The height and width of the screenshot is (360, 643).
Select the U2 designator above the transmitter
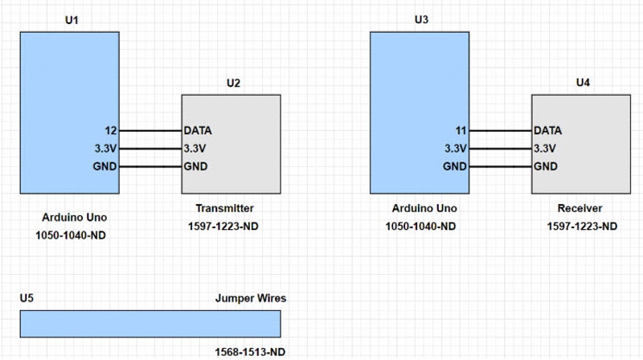click(233, 82)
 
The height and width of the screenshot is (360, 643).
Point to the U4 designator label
click(584, 82)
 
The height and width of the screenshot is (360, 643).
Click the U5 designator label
click(27, 298)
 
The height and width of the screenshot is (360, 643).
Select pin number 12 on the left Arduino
click(111, 130)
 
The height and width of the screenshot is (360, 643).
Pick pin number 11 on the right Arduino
click(460, 130)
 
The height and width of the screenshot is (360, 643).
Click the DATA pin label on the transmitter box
click(198, 130)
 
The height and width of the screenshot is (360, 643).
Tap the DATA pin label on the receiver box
click(548, 130)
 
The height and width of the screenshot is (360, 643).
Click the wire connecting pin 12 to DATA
click(150, 130)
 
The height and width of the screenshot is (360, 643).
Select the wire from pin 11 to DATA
click(500, 130)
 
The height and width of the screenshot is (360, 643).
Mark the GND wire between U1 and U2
click(150, 166)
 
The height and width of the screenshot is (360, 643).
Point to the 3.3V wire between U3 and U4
click(500, 149)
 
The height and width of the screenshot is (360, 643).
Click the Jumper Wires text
click(251, 298)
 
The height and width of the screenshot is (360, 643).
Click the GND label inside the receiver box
click(547, 166)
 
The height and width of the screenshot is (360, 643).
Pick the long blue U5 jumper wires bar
click(150, 323)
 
